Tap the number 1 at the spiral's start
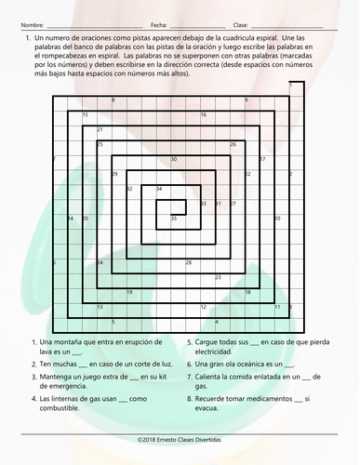pos(290,85)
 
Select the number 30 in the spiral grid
pos(174,159)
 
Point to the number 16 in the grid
pos(204,114)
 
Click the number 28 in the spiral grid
pos(189,262)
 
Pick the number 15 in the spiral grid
pos(86,114)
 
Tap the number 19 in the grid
pos(129,292)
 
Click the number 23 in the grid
pos(219,277)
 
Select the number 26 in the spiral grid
pos(233,144)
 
